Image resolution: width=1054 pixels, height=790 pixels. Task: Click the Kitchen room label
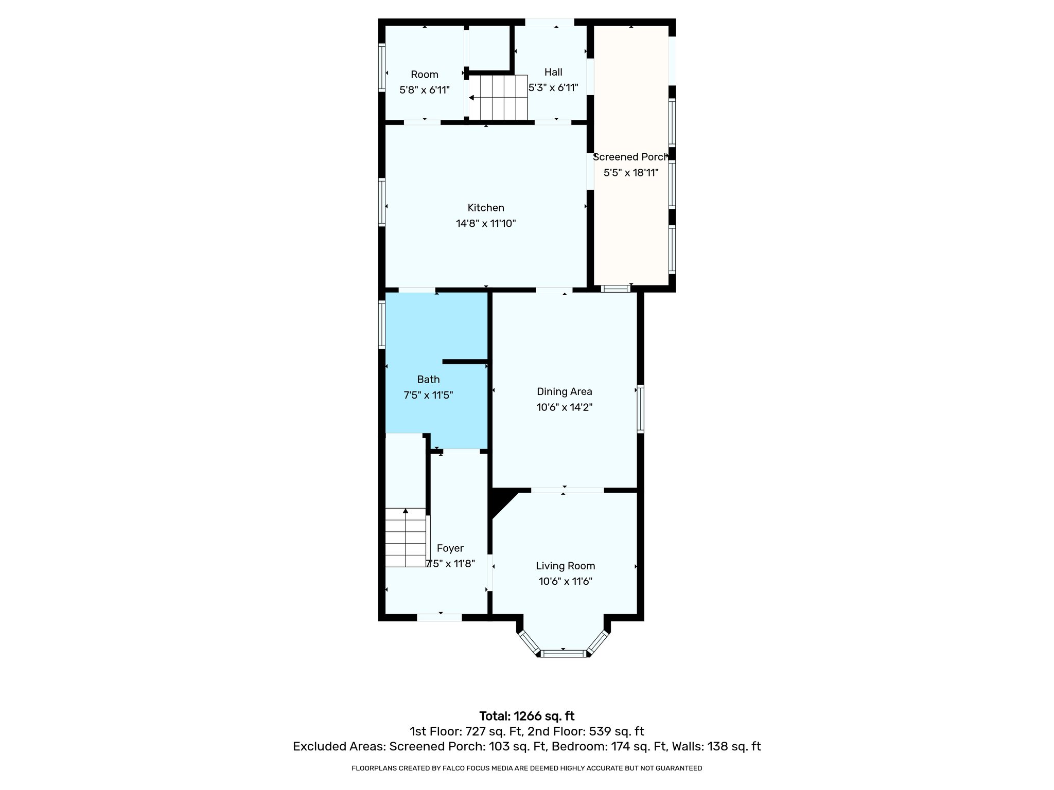click(x=485, y=208)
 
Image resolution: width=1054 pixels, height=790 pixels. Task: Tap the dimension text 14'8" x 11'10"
click(x=485, y=224)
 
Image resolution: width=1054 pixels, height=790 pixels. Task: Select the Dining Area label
click(x=564, y=391)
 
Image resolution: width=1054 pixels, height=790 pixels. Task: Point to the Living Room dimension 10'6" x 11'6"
click(x=565, y=582)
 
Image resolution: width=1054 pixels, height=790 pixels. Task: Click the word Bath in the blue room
click(x=428, y=380)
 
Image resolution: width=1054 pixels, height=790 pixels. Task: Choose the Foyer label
click(x=450, y=548)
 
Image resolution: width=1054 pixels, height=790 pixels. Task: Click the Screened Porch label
click(x=630, y=157)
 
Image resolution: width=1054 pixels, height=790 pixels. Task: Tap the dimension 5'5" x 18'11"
click(x=631, y=173)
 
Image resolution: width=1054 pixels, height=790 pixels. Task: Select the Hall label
click(x=553, y=73)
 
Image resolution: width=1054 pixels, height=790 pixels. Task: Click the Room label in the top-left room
click(x=424, y=75)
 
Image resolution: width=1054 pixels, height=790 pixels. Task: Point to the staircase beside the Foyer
click(x=406, y=537)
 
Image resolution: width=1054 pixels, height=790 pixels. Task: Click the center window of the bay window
click(x=564, y=654)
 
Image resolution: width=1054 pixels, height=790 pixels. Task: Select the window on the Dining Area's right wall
click(x=640, y=408)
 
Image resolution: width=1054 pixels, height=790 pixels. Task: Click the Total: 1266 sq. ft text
click(x=526, y=716)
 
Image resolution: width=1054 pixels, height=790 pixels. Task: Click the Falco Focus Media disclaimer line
click(x=526, y=768)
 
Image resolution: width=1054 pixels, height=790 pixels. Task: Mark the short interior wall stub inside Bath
click(x=465, y=362)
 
